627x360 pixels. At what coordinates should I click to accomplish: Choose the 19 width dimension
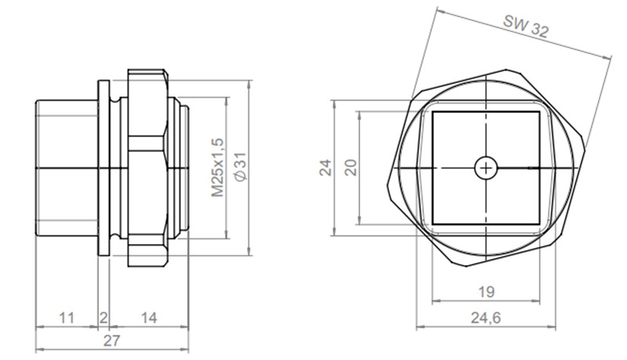click(x=486, y=293)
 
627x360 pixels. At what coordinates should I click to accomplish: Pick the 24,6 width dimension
click(x=486, y=318)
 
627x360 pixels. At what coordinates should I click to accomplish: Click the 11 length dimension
click(x=67, y=318)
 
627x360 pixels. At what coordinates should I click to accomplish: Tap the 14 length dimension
click(x=147, y=318)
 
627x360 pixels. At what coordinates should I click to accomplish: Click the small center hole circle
click(x=486, y=167)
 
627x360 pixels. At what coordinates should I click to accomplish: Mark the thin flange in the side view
click(x=103, y=167)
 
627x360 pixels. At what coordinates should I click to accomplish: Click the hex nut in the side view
click(x=147, y=167)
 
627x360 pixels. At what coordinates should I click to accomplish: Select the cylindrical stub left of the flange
click(x=67, y=167)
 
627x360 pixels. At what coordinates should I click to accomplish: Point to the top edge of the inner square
click(x=486, y=111)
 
